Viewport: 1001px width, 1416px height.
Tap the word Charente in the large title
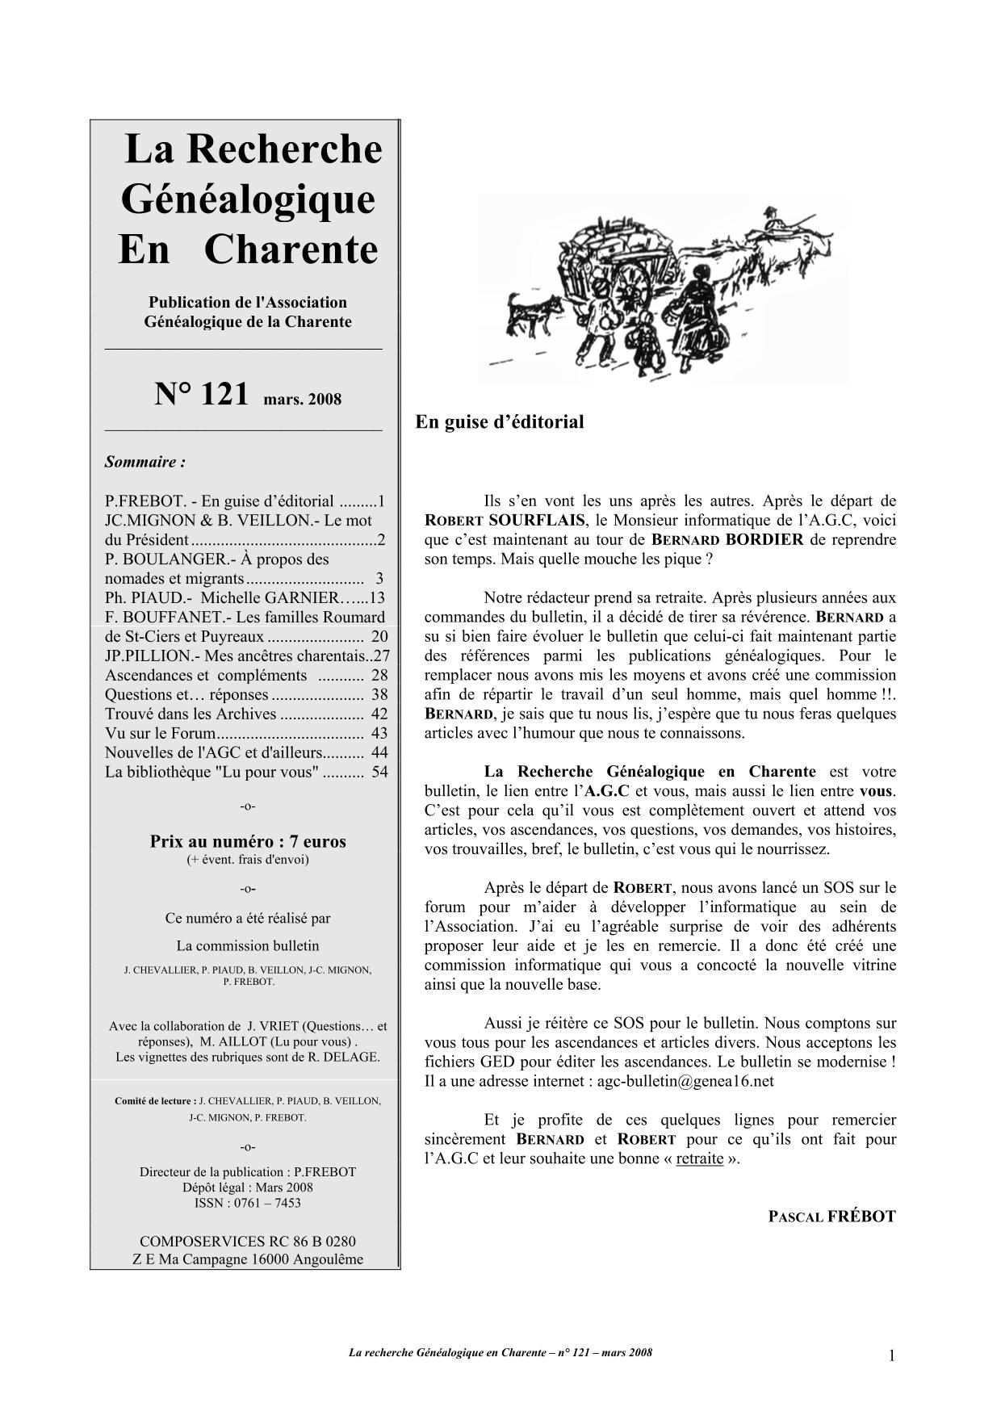coord(291,249)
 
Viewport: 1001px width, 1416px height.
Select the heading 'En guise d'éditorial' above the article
coord(499,421)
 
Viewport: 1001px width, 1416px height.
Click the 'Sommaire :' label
coord(145,463)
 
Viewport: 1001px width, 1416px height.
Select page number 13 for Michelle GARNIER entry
coord(377,598)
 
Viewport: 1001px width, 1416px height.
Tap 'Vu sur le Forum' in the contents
coord(161,734)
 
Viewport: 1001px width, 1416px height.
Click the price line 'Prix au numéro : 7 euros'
coord(248,841)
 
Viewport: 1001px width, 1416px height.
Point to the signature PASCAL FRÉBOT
coord(831,1217)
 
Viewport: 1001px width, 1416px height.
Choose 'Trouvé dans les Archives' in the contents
coord(191,714)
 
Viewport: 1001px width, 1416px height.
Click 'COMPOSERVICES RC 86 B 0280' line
coord(248,1242)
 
